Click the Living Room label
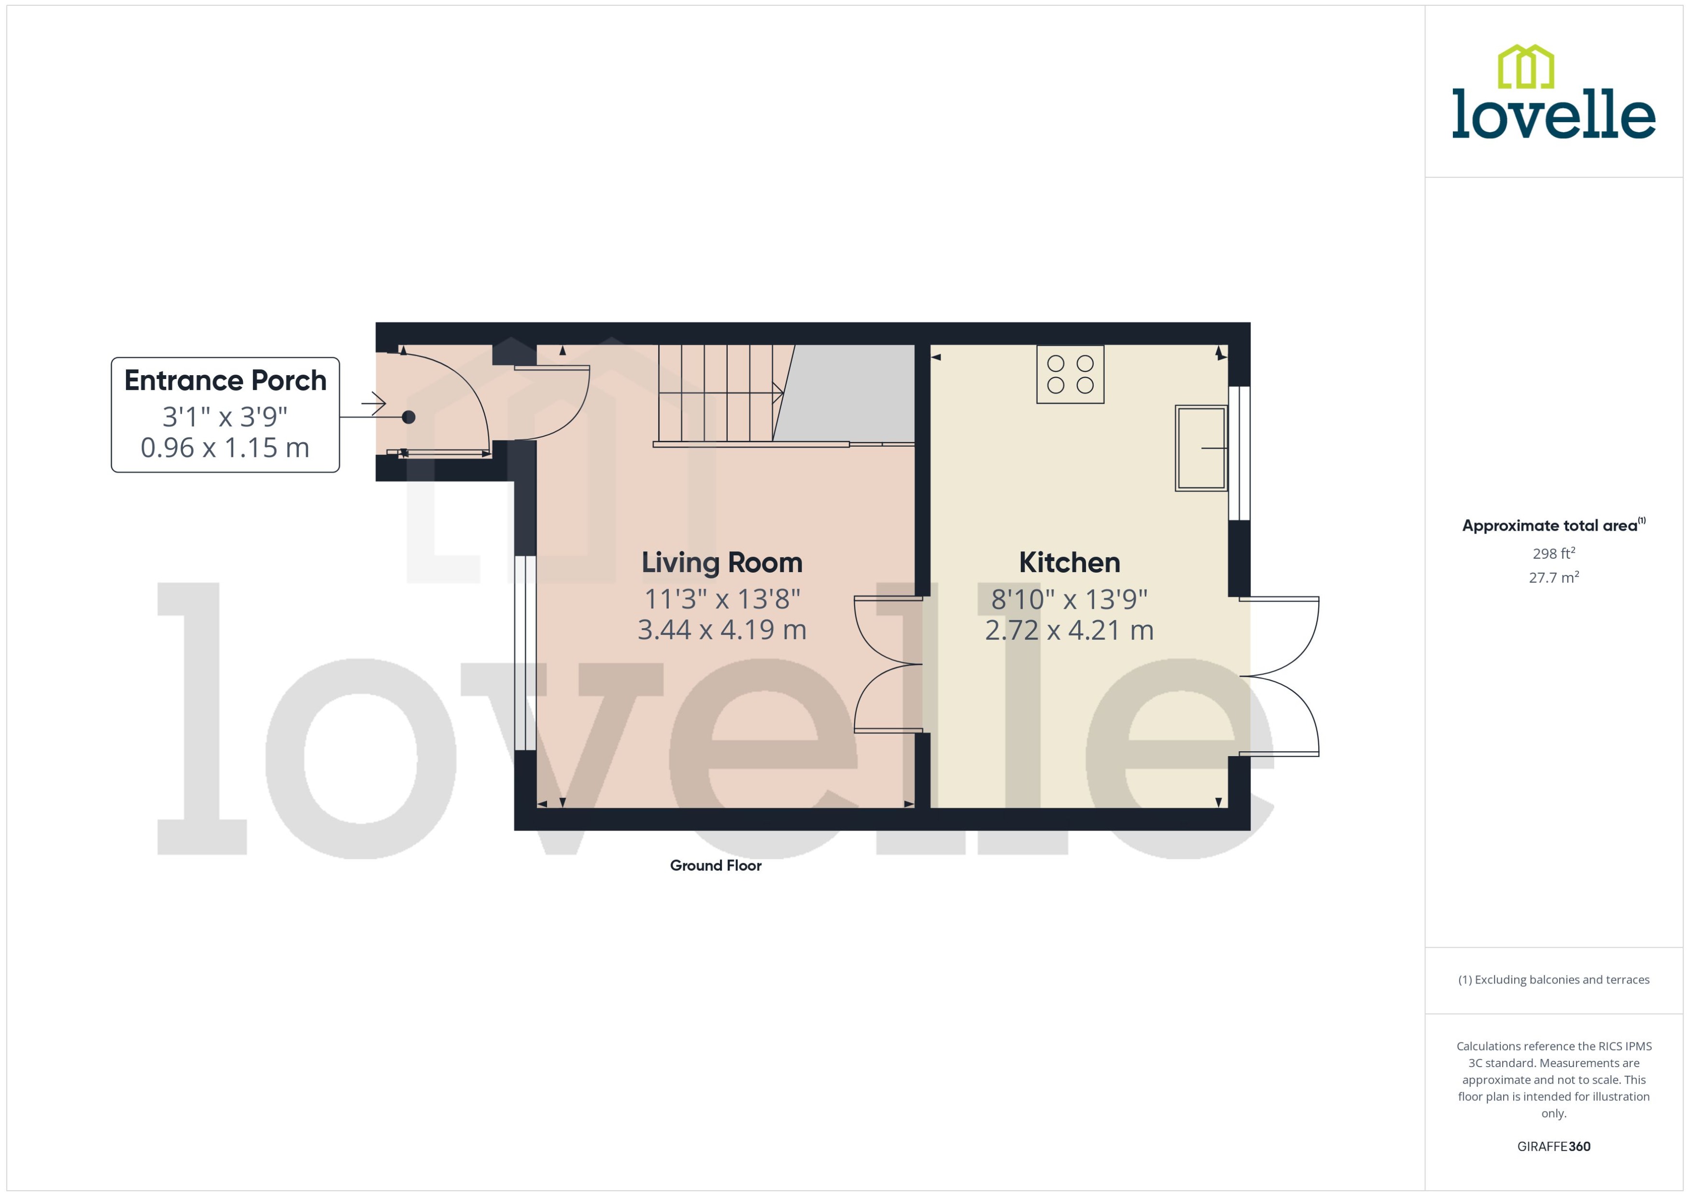722,563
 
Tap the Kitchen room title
1069,563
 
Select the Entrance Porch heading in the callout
225,381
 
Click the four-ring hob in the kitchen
1070,374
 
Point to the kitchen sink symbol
1200,448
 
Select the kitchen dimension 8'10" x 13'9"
1069,600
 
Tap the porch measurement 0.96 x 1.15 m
225,448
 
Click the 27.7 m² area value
1553,577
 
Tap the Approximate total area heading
1550,526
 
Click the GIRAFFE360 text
1553,1147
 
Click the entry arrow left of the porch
374,403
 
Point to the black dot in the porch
408,418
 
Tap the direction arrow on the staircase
777,393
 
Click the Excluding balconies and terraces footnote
1553,980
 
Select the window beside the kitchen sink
1239,453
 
